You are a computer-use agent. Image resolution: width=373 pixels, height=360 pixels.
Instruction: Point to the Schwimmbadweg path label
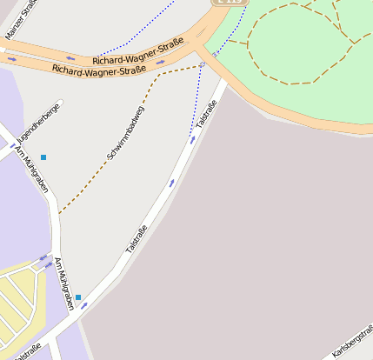(126, 132)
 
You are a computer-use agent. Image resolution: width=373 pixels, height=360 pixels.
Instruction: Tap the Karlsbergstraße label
(352, 344)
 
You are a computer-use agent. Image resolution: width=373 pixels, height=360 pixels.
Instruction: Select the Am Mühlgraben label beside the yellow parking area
(63, 283)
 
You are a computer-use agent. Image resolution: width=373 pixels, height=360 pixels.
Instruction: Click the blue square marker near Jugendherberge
(43, 157)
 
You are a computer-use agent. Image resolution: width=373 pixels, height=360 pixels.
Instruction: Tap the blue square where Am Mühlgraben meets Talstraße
(78, 297)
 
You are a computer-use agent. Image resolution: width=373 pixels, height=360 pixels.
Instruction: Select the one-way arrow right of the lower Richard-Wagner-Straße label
(161, 63)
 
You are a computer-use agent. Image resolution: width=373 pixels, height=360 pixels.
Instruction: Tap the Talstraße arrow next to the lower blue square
(84, 305)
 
